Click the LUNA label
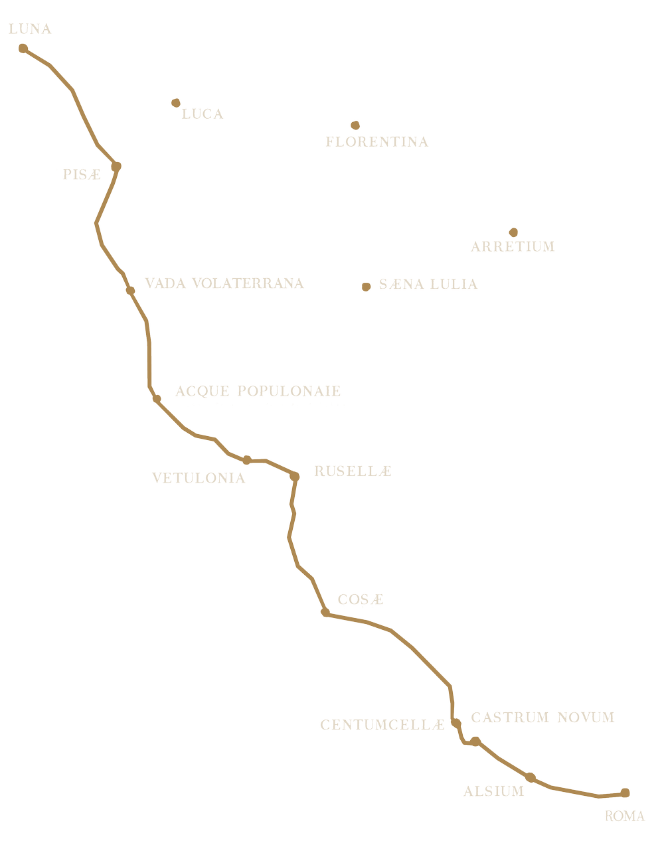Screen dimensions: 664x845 click(31, 29)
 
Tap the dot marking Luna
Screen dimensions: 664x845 click(23, 48)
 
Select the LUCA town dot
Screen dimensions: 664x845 click(176, 103)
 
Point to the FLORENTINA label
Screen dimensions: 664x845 click(377, 142)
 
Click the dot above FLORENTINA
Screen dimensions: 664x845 click(355, 125)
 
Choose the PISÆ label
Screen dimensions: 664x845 click(82, 174)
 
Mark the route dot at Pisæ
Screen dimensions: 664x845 click(116, 167)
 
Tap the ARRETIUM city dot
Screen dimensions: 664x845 click(513, 232)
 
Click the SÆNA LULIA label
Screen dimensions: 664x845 click(428, 284)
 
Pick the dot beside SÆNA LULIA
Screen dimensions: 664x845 click(366, 287)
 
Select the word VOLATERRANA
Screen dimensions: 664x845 click(248, 283)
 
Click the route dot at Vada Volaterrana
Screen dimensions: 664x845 click(130, 291)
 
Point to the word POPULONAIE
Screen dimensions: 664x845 click(289, 391)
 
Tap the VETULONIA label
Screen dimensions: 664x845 click(199, 478)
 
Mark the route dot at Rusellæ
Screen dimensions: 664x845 click(294, 477)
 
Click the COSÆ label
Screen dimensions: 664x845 click(361, 599)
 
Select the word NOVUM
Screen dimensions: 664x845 click(586, 718)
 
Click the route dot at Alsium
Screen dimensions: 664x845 click(530, 777)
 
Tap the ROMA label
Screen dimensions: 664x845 click(625, 816)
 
